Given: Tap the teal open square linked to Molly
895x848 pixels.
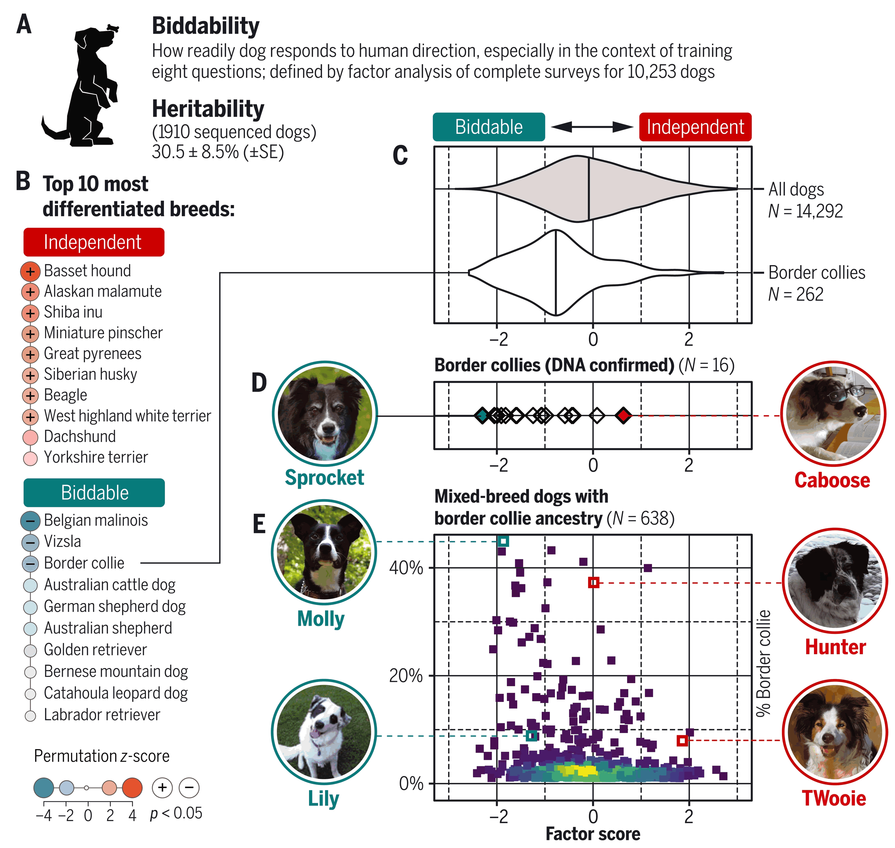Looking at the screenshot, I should point(503,541).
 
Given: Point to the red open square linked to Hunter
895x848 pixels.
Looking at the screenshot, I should point(594,583).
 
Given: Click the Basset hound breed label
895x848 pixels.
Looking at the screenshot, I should point(87,271).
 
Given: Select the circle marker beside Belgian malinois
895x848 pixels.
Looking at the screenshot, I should point(30,521).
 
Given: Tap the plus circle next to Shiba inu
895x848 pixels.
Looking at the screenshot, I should point(30,313).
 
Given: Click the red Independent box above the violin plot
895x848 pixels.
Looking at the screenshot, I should point(695,127).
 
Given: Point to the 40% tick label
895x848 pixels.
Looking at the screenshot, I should point(405,568).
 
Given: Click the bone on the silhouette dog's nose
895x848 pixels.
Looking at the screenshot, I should point(113,29).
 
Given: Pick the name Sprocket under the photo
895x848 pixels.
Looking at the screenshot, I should point(324,478).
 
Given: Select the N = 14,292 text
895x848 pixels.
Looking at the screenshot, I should point(805,211).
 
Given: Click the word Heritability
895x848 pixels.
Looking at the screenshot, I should point(208,109).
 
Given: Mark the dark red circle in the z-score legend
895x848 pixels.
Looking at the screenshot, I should point(132,788).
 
